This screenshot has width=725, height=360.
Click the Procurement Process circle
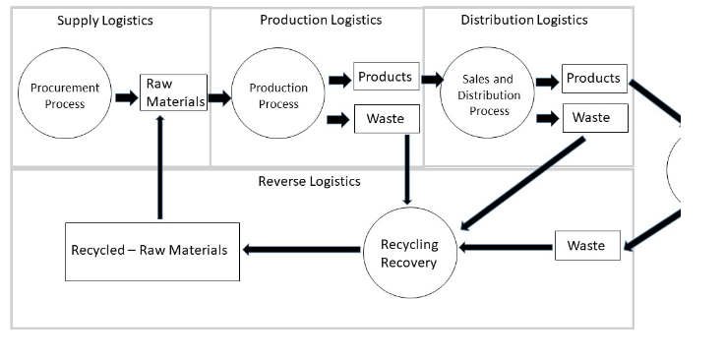(65, 96)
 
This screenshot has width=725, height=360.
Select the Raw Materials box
(173, 92)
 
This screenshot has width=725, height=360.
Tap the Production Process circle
(278, 96)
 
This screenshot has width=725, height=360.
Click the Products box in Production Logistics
(385, 78)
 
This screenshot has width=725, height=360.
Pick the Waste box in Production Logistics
(385, 119)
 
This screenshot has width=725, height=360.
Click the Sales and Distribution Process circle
(489, 96)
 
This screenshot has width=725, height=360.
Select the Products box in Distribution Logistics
(593, 79)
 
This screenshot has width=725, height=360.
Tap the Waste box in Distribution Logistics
(593, 118)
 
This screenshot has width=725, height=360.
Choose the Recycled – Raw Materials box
(151, 251)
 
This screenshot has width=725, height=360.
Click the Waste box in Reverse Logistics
(586, 246)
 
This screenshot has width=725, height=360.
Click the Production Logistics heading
(321, 20)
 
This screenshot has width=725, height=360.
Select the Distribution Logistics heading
(523, 20)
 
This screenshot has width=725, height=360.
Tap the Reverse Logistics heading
(309, 181)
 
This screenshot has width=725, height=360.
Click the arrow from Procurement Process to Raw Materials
(126, 97)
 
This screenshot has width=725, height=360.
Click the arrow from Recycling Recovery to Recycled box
(300, 250)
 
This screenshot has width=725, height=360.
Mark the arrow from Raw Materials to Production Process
(218, 97)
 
